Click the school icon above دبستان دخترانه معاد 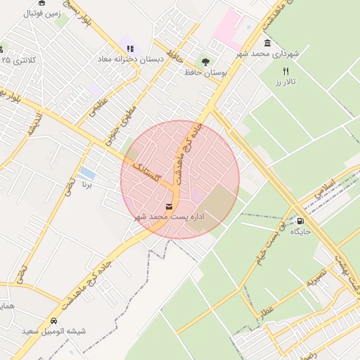pyautogui.click(x=129, y=49)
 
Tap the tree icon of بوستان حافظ pyautogui.click(x=205, y=61)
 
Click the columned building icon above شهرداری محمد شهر pyautogui.click(x=268, y=42)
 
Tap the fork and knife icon pyautogui.click(x=285, y=71)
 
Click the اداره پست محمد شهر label pyautogui.click(x=169, y=217)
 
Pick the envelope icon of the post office pyautogui.click(x=169, y=206)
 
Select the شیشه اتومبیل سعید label pyautogui.click(x=53, y=330)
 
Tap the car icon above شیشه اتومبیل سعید pyautogui.click(x=53, y=319)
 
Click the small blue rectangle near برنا pyautogui.click(x=87, y=173)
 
